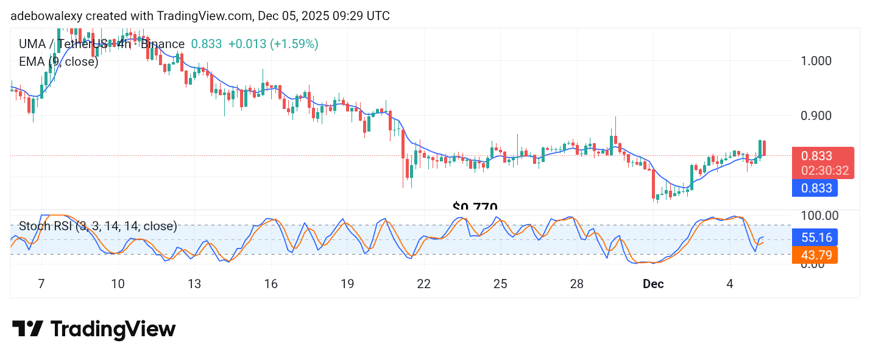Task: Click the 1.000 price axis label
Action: pos(815,61)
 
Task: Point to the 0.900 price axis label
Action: pos(815,116)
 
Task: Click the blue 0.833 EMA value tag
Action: pos(815,188)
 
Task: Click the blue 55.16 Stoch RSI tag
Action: pos(815,237)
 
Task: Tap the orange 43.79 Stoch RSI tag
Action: pos(815,255)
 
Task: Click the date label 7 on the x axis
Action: pos(41,284)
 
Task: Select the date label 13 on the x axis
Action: pos(194,284)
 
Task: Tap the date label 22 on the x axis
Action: pos(423,284)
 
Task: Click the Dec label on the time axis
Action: pos(653,284)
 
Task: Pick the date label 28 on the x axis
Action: pos(576,284)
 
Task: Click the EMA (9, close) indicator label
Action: pos(58,62)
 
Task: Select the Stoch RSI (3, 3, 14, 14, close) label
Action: pos(97,227)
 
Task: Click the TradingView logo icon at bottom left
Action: pos(27,330)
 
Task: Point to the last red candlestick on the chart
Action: pos(764,147)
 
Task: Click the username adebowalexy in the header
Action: pos(45,16)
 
